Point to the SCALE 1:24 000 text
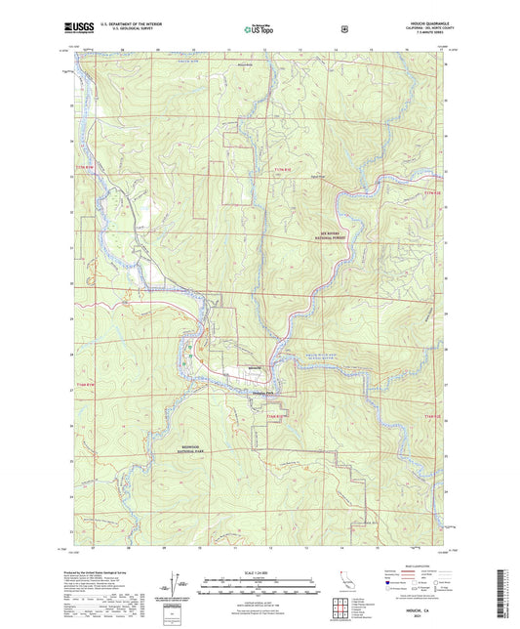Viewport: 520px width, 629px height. (258, 572)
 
